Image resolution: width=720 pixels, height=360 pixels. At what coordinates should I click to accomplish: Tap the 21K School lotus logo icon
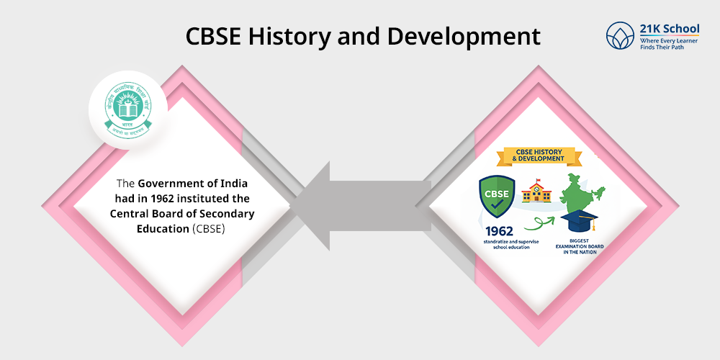click(621, 36)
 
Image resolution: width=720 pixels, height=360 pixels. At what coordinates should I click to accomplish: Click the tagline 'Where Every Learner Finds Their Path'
click(669, 45)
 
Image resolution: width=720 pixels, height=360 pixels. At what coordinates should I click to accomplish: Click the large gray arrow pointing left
click(360, 205)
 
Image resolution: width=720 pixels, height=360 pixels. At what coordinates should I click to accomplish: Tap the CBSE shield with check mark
click(497, 197)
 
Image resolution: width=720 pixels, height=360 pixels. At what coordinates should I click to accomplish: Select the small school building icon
click(536, 192)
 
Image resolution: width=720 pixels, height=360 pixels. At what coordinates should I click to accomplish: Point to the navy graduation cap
click(581, 220)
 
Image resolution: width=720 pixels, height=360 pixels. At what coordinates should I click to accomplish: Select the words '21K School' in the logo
click(669, 29)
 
